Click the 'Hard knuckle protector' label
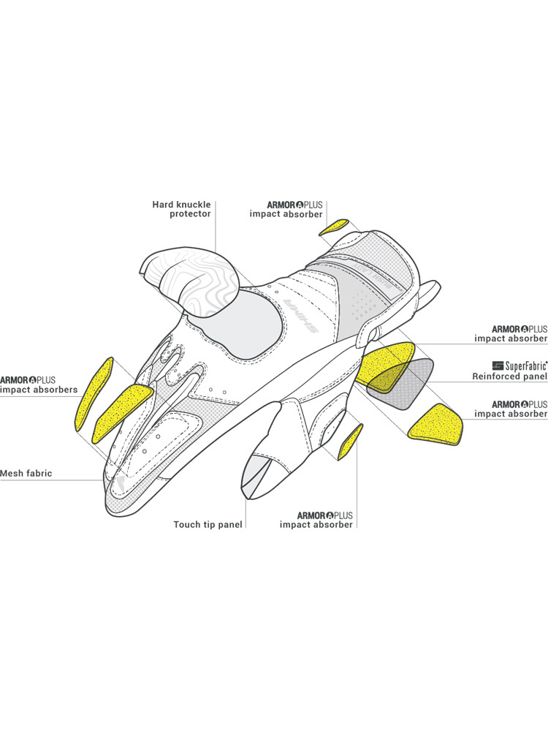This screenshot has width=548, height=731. click(x=181, y=209)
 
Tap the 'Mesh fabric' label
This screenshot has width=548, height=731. click(x=26, y=473)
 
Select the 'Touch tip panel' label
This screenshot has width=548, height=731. click(x=208, y=524)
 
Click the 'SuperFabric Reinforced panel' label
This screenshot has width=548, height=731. click(x=510, y=371)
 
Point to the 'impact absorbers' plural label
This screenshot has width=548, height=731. click(x=39, y=390)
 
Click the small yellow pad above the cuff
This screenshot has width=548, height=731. click(x=334, y=227)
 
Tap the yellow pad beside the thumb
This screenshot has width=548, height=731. click(x=351, y=442)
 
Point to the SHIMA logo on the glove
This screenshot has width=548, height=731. click(x=301, y=316)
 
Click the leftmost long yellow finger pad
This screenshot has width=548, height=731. click(x=94, y=394)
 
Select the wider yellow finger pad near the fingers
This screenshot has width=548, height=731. click(x=123, y=412)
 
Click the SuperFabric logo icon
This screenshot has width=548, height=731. click(x=498, y=365)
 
